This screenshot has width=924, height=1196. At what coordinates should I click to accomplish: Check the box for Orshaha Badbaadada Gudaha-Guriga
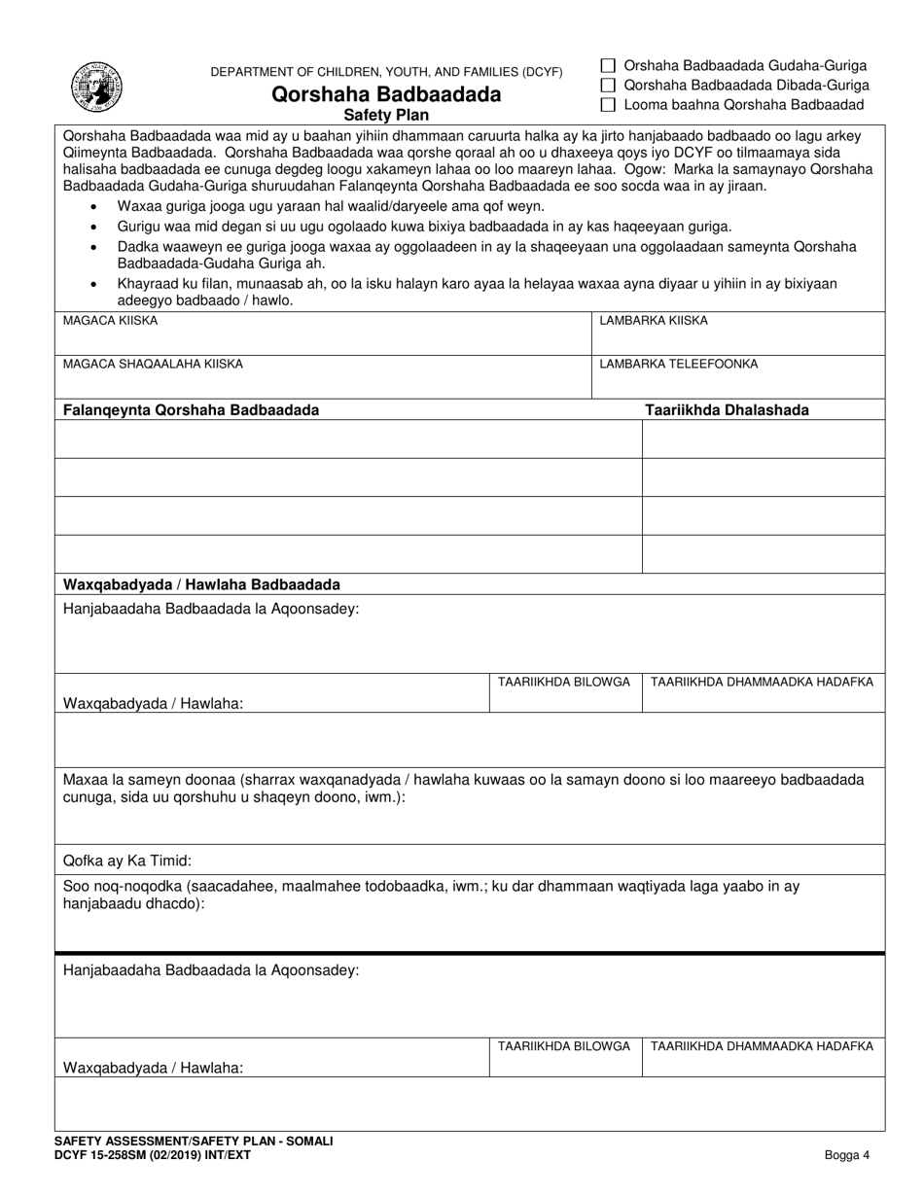(x=609, y=66)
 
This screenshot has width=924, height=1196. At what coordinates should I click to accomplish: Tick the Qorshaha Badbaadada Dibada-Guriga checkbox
(x=609, y=86)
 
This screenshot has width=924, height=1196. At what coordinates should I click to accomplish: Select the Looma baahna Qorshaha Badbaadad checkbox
(x=609, y=105)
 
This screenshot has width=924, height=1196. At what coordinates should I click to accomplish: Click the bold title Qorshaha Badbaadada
(x=387, y=94)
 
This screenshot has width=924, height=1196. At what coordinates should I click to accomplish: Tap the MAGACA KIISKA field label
(x=110, y=320)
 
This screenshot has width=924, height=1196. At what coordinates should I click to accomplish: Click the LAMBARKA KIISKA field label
(x=654, y=320)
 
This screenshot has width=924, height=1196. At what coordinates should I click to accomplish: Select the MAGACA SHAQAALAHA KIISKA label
(x=153, y=364)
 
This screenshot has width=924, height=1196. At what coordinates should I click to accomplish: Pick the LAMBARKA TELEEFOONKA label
(x=678, y=364)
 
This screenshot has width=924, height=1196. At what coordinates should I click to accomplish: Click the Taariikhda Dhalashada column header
(x=727, y=410)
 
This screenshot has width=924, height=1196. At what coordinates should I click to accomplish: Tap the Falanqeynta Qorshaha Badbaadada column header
(x=191, y=410)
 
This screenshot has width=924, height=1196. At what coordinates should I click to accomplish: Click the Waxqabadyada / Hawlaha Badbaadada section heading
(x=201, y=584)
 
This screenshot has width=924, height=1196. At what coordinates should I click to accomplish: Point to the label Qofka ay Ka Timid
(x=127, y=861)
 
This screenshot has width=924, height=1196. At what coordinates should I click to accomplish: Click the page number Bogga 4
(x=840, y=1155)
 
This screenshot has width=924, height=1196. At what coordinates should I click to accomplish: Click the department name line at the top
(x=386, y=72)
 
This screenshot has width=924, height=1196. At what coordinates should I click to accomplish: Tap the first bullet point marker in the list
(x=92, y=207)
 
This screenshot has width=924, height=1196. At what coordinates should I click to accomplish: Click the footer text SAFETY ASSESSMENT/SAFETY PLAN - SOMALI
(x=194, y=1141)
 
